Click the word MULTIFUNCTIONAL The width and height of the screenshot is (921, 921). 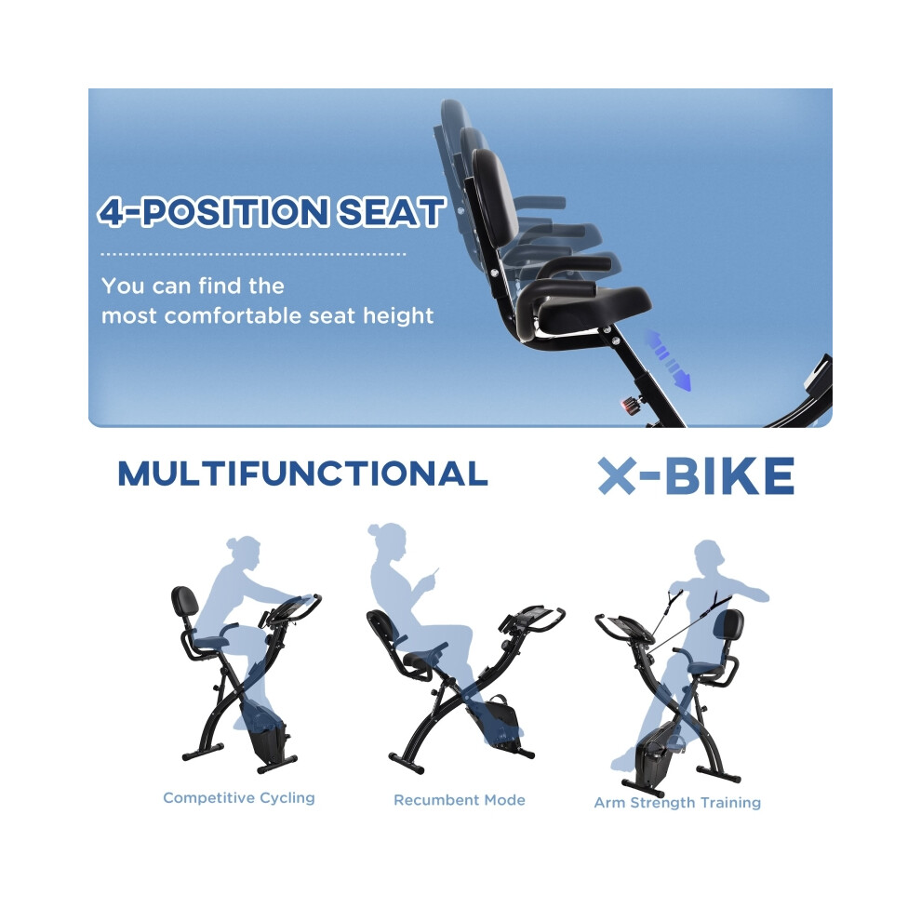point(302,474)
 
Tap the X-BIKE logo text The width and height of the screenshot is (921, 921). point(696,475)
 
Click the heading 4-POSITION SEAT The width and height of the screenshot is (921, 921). point(271,212)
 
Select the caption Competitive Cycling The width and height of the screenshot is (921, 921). point(238,797)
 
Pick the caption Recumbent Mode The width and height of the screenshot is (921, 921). point(460,800)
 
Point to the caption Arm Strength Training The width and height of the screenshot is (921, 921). point(677,803)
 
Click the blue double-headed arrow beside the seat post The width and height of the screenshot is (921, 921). point(669,360)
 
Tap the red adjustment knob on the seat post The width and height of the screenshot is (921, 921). point(629,406)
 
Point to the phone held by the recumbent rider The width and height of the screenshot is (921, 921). point(434,574)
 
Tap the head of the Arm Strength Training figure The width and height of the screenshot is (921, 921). point(709,557)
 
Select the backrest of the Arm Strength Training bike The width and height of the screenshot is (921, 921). point(728,626)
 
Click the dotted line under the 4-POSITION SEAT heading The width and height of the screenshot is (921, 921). point(253,254)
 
